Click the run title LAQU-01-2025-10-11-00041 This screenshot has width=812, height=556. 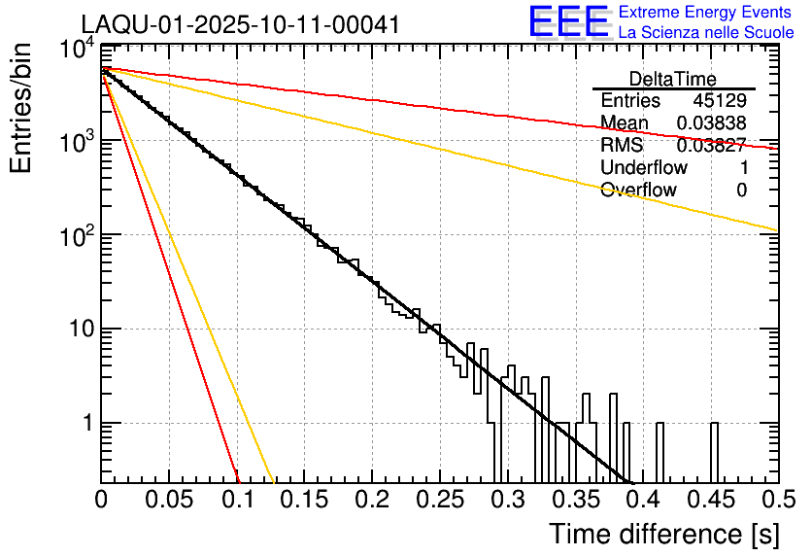click(x=240, y=24)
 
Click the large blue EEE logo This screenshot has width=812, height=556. click(x=568, y=22)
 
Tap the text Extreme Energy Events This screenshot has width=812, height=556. click(x=704, y=13)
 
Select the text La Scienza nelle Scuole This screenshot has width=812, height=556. click(x=706, y=32)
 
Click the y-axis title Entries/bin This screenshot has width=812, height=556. click(x=26, y=109)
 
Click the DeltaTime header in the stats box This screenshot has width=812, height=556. click(x=672, y=79)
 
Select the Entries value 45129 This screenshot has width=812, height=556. click(x=720, y=101)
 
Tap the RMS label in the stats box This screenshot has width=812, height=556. click(x=620, y=146)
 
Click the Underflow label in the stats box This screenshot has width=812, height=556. click(x=643, y=168)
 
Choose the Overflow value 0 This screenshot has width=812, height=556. click(x=741, y=191)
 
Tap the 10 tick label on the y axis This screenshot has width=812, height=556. click(x=78, y=330)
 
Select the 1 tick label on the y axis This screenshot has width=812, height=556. click(x=85, y=424)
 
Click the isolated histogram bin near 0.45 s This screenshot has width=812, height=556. click(x=714, y=452)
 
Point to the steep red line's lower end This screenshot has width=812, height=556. click(x=238, y=479)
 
